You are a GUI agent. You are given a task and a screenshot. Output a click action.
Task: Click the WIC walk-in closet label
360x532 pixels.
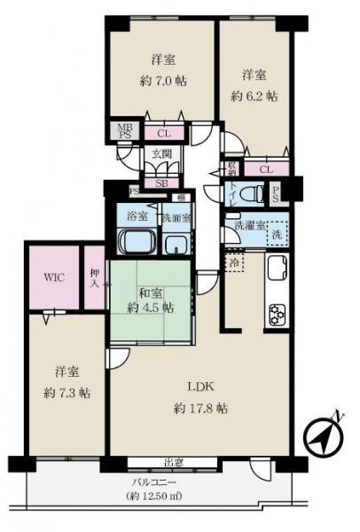53,276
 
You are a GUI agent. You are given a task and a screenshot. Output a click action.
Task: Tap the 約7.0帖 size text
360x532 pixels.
161,81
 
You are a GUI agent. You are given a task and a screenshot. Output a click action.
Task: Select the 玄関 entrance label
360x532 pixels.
160,153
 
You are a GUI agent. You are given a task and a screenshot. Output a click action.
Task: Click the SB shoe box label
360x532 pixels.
161,184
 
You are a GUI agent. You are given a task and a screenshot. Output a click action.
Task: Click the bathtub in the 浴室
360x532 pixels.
135,242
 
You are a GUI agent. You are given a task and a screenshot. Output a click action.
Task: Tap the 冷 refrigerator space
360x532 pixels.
235,263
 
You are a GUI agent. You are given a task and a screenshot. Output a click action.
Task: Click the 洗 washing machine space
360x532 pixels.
278,235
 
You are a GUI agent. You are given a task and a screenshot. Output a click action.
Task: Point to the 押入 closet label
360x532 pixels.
94,278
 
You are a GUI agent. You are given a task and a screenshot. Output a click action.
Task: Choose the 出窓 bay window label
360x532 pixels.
174,460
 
